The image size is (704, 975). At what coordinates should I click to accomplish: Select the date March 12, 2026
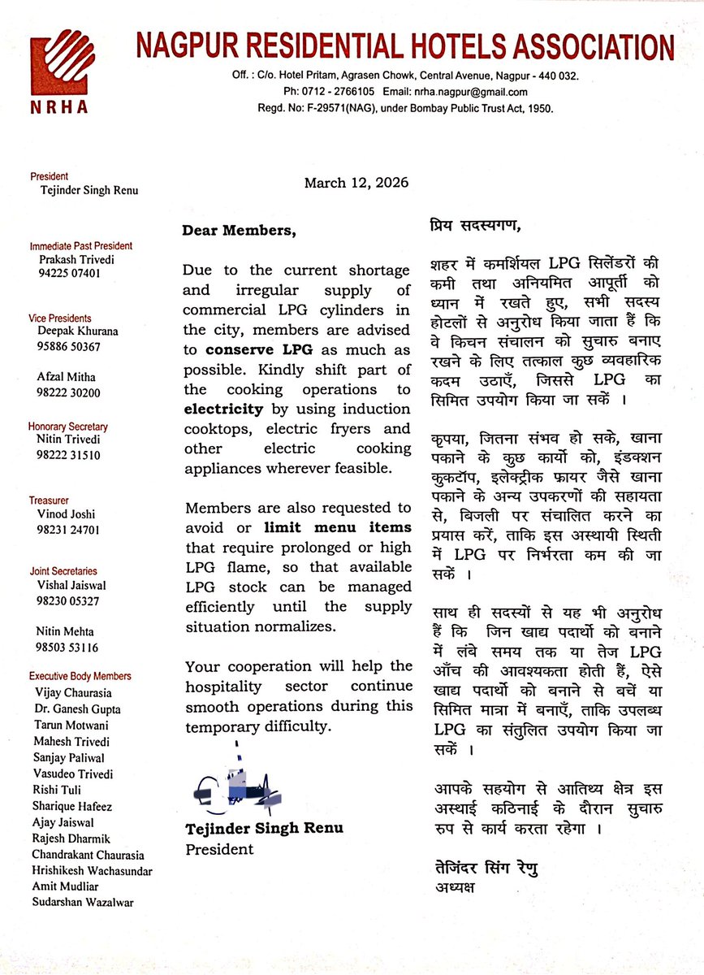point(356,183)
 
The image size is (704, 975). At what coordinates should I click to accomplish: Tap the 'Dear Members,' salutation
point(240,231)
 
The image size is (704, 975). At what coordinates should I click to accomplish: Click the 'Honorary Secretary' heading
point(68,427)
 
